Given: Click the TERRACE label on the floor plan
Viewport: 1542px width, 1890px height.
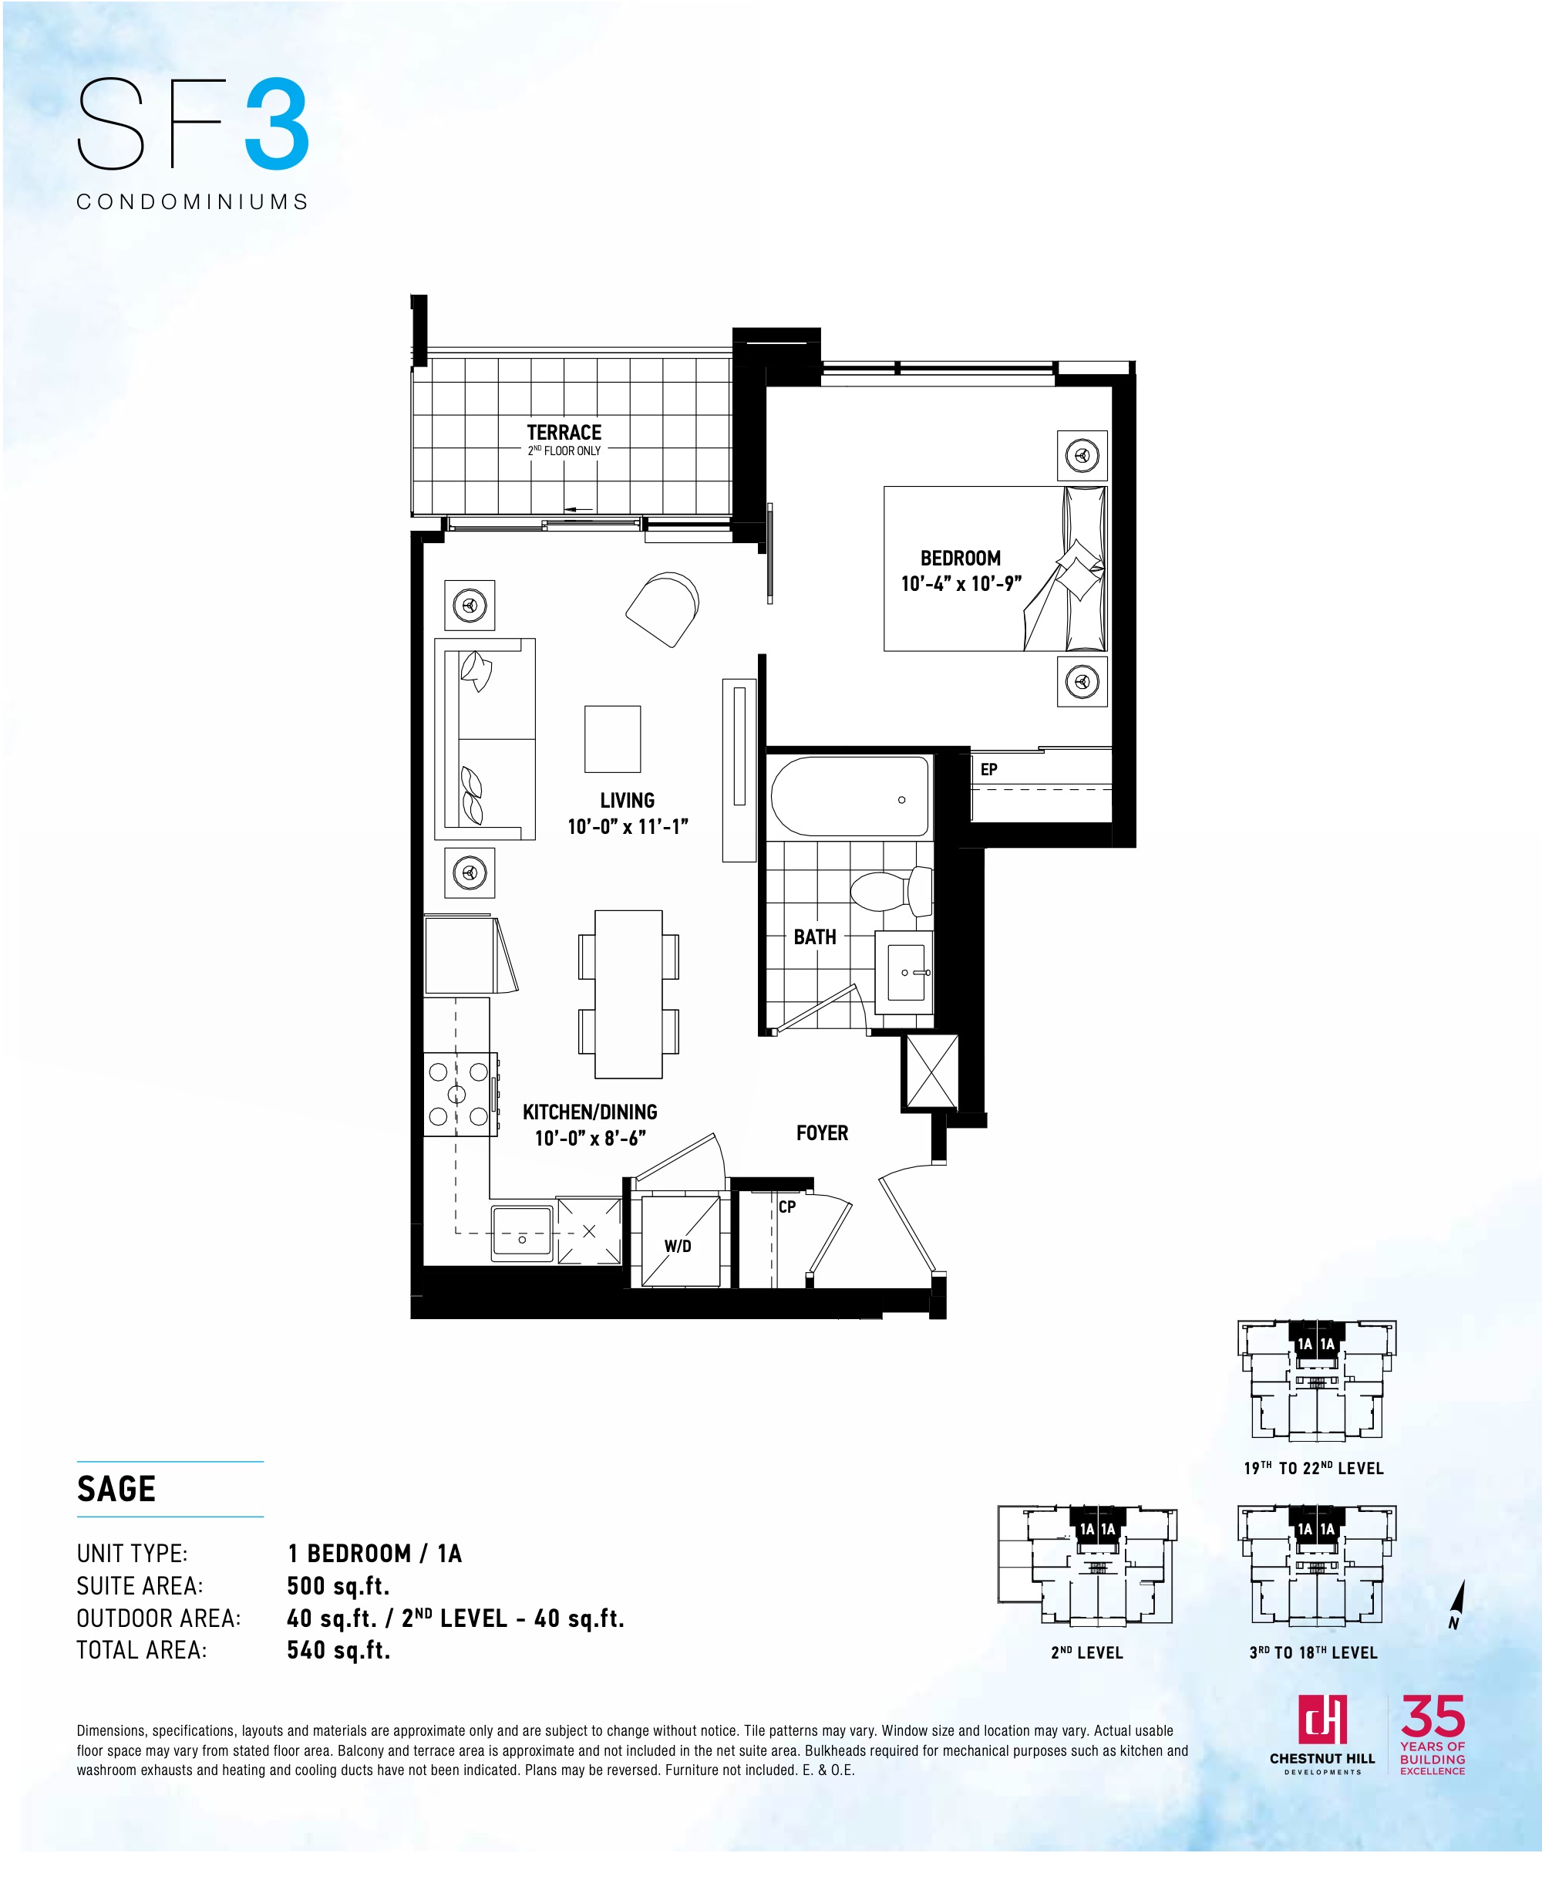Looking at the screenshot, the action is click(564, 433).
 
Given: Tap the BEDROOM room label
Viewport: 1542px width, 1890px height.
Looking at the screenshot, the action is click(960, 558).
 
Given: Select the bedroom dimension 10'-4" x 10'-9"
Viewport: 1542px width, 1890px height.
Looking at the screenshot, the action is click(961, 584).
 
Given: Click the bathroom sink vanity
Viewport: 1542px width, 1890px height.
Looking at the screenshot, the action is click(904, 972).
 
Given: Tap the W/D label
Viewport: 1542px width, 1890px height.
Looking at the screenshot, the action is click(678, 1246).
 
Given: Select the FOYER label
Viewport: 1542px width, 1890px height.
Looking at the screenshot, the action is click(822, 1133).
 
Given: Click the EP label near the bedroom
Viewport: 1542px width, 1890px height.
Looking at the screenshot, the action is click(988, 770).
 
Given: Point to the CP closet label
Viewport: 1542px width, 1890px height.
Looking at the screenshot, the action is click(787, 1207).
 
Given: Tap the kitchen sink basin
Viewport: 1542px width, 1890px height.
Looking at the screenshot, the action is click(522, 1233).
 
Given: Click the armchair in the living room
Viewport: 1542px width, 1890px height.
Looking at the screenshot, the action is click(662, 609).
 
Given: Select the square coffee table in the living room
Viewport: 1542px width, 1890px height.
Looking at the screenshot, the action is click(612, 738).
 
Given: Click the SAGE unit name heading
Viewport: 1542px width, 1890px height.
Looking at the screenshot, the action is click(116, 1488).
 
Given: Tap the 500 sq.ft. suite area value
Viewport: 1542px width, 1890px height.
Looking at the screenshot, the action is click(338, 1586).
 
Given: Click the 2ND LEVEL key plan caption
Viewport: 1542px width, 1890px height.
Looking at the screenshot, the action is click(1087, 1652).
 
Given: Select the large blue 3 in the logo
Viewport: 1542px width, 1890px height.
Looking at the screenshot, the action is click(277, 125).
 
